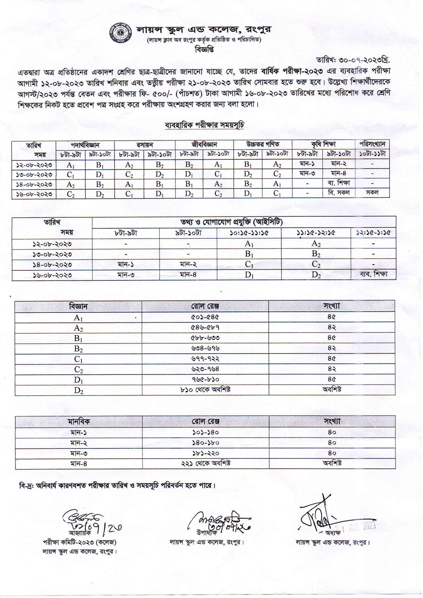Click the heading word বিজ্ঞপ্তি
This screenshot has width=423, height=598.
coord(204,50)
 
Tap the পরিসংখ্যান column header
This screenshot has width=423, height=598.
coord(372,144)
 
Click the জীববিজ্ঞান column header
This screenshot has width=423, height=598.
coord(204,145)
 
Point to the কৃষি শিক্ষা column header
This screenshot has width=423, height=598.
coord(323,144)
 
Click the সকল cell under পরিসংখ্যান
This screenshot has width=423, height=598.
coord(372,192)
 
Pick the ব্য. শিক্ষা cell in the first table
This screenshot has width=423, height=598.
coord(339,183)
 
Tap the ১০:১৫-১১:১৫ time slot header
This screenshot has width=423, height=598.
coord(249,233)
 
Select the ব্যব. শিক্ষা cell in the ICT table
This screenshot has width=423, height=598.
coord(373,274)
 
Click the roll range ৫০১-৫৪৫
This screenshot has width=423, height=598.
coord(205,317)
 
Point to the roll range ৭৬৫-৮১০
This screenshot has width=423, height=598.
coord(205,379)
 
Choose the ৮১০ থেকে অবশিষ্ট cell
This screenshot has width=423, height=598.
coord(205,390)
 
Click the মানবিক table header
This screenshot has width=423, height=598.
coord(79,422)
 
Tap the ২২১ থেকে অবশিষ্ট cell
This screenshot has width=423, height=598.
coord(205,463)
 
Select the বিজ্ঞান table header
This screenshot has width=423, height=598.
coord(78,306)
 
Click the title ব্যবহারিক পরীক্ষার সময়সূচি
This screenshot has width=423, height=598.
coord(204,125)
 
